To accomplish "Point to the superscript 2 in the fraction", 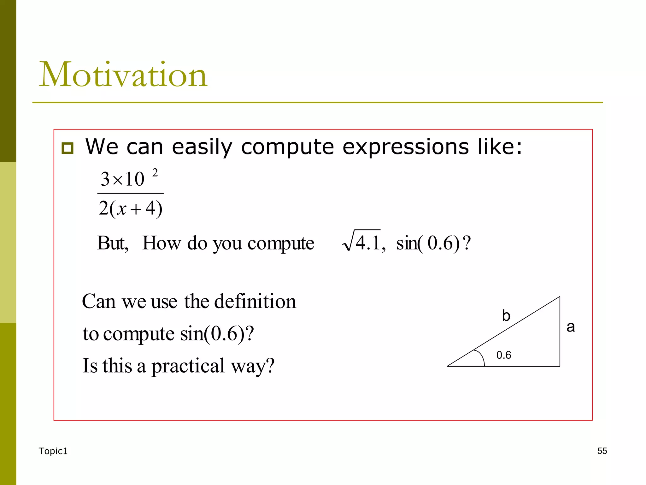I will click(155, 173).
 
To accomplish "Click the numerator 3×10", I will click(122, 179).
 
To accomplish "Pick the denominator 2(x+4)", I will click(130, 208).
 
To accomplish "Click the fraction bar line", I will click(130, 193).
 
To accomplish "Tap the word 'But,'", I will click(113, 243).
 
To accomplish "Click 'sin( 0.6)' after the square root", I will click(428, 243).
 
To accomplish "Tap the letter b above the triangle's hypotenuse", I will click(506, 316).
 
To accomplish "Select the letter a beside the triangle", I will click(571, 327).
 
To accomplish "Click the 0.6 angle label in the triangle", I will click(503, 355).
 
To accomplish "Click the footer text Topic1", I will click(53, 451).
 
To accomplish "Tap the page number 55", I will click(602, 451).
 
